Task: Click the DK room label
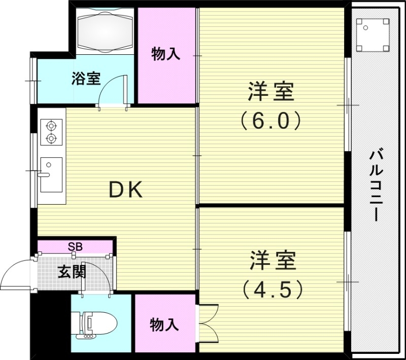point(127,190)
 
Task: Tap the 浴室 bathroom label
point(86,79)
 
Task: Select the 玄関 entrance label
point(71,272)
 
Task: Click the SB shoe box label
point(75,247)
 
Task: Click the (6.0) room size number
point(271,121)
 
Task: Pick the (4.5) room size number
point(272,289)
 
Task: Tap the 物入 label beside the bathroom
point(166,54)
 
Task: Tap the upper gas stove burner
point(51,124)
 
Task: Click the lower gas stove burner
point(51,138)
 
